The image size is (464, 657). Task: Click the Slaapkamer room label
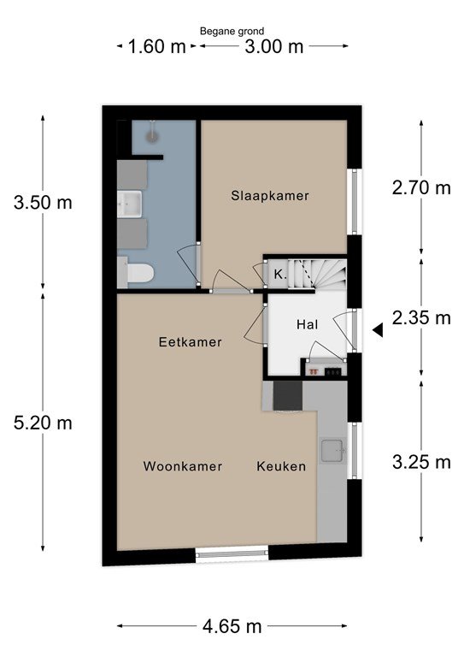(x=270, y=196)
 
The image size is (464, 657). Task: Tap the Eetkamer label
(x=190, y=342)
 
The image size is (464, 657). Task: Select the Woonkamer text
(x=182, y=466)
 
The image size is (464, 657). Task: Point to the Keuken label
(x=281, y=466)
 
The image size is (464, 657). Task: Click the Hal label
(x=307, y=324)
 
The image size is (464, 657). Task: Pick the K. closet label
(x=280, y=275)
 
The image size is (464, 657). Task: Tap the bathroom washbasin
(x=130, y=204)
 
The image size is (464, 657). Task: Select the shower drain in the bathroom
(x=151, y=136)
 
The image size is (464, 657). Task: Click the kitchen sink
(x=333, y=451)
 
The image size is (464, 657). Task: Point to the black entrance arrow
(x=378, y=330)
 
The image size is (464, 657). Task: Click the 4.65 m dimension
(x=232, y=626)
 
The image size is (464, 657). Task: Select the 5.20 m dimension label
(x=43, y=423)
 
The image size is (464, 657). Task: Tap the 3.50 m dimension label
(x=43, y=203)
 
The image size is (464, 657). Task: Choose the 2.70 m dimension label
(x=421, y=187)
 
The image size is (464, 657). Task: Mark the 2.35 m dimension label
(x=421, y=317)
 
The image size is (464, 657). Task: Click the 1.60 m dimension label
(x=156, y=46)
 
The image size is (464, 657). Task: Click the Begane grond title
(x=232, y=31)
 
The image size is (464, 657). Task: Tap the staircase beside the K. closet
(x=318, y=274)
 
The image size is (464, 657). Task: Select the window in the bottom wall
(x=232, y=554)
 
